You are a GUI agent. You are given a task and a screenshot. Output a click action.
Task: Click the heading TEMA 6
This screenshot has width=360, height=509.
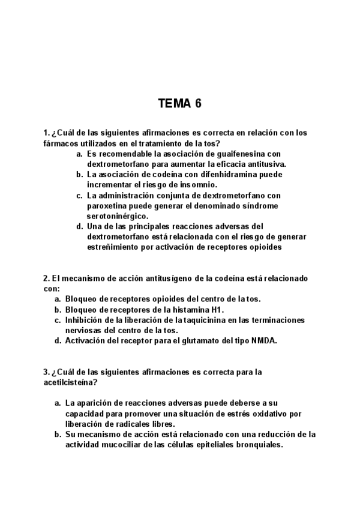[x=180, y=103]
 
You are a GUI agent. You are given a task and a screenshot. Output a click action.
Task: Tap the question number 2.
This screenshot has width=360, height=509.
[x=46, y=279]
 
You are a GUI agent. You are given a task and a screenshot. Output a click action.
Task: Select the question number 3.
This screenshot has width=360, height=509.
[x=46, y=372]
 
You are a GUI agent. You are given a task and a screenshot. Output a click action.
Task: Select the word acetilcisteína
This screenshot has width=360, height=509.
[x=68, y=382]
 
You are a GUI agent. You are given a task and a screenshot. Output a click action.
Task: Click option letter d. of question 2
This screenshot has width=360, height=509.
[x=58, y=340]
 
